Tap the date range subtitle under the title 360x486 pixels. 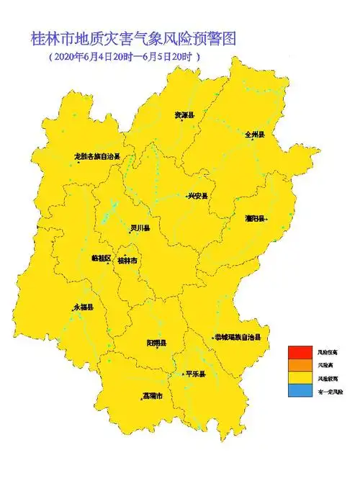[123, 57]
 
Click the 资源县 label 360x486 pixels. [185, 115]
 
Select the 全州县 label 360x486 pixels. [256, 135]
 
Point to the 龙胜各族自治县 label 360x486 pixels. [97, 156]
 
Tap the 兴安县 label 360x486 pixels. [197, 196]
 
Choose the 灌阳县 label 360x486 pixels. [256, 217]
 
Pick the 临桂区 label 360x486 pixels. [102, 257]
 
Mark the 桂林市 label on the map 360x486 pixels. [127, 260]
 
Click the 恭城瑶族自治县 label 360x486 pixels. [237, 337]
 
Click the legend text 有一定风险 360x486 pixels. [330, 392]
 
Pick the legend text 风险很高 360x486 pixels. [327, 352]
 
